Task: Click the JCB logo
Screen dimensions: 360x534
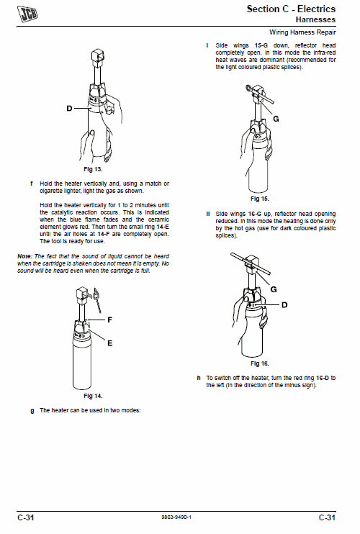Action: (27, 14)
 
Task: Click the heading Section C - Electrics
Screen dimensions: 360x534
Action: (291, 9)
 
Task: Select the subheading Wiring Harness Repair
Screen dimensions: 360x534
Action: (302, 32)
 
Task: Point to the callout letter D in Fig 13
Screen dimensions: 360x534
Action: (69, 108)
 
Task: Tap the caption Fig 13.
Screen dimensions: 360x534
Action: (93, 169)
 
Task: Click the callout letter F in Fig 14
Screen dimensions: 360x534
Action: (109, 320)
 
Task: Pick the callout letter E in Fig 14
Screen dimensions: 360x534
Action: (109, 343)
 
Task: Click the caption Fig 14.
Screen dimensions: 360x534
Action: (93, 396)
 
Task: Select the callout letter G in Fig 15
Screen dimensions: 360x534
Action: (276, 119)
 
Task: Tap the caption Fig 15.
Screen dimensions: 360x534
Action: (259, 199)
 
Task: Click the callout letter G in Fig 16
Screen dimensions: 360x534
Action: (274, 289)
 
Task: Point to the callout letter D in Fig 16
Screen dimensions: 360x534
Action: (284, 305)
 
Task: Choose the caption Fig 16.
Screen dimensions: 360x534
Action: (259, 363)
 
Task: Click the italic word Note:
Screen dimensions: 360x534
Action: (25, 256)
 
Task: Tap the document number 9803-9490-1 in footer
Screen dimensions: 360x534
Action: (176, 517)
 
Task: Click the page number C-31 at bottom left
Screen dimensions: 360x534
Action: (26, 517)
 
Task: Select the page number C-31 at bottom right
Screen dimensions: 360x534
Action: (327, 517)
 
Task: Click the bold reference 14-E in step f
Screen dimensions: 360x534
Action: (163, 227)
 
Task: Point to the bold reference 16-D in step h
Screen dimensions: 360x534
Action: (322, 378)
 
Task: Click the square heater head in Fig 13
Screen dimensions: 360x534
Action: (97, 58)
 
